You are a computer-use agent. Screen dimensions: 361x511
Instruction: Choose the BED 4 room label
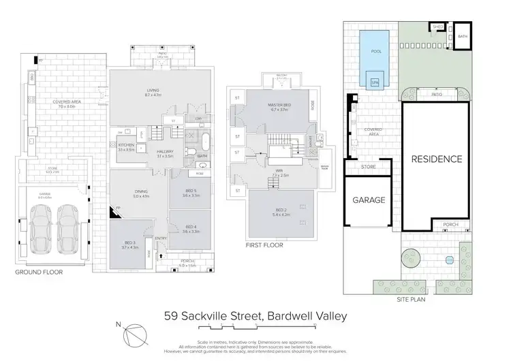[x=190, y=228]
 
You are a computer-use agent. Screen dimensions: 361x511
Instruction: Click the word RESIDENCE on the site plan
[x=436, y=159]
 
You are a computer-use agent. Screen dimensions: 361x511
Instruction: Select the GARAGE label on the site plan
[x=369, y=200]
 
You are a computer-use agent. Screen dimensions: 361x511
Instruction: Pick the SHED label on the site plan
[x=438, y=27]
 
